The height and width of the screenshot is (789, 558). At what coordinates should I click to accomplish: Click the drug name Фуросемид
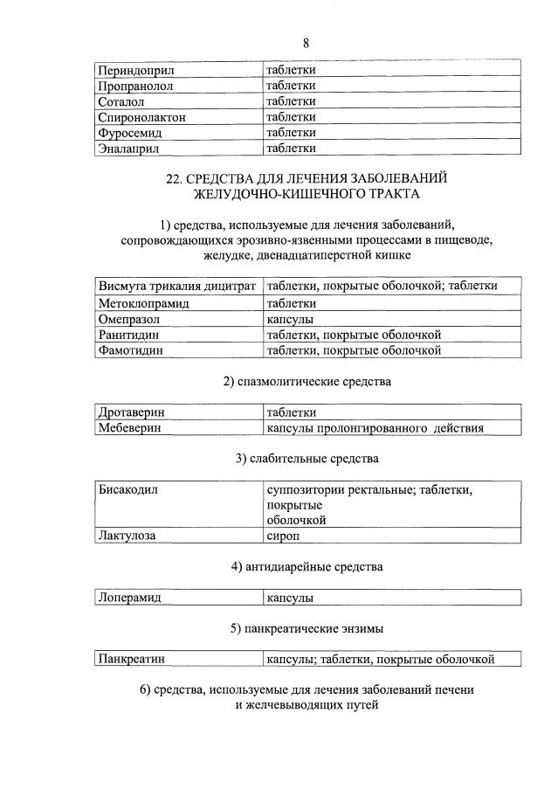pos(131,133)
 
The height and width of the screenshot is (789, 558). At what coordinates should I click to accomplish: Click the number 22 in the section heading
pos(175,179)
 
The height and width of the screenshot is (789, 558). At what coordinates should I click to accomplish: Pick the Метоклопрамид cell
pos(144,303)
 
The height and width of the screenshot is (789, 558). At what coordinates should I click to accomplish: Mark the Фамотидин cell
pos(133,350)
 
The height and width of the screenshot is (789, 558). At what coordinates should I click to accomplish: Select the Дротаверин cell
pos(132,412)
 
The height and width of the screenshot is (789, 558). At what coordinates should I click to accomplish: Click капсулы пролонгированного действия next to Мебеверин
pos(375,428)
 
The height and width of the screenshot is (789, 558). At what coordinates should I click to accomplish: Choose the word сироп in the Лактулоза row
pos(285,536)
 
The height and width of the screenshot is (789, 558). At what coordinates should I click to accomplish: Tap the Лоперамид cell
pos(131,599)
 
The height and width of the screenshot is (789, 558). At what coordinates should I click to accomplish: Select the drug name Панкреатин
pos(133,660)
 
